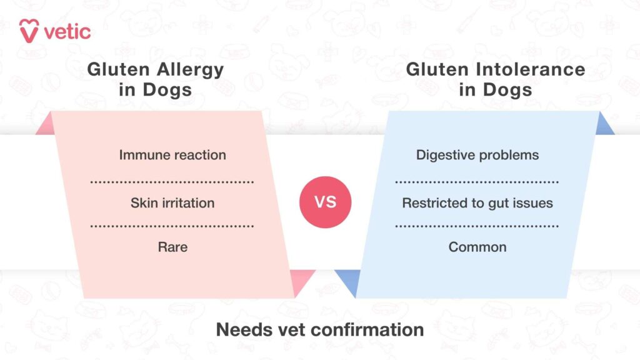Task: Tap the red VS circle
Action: click(x=325, y=202)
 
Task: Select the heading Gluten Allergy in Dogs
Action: click(x=155, y=79)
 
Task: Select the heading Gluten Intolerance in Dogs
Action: click(x=496, y=79)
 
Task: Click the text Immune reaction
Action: click(x=172, y=155)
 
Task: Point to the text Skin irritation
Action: click(x=172, y=203)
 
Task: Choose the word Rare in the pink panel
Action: click(x=172, y=247)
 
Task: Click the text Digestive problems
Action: click(x=477, y=155)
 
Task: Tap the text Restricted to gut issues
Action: click(x=477, y=203)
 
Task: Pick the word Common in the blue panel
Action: click(x=477, y=247)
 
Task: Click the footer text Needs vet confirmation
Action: click(x=320, y=329)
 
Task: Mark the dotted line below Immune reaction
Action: click(x=172, y=182)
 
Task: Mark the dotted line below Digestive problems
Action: click(x=477, y=182)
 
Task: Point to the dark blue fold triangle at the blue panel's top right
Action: click(x=604, y=126)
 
